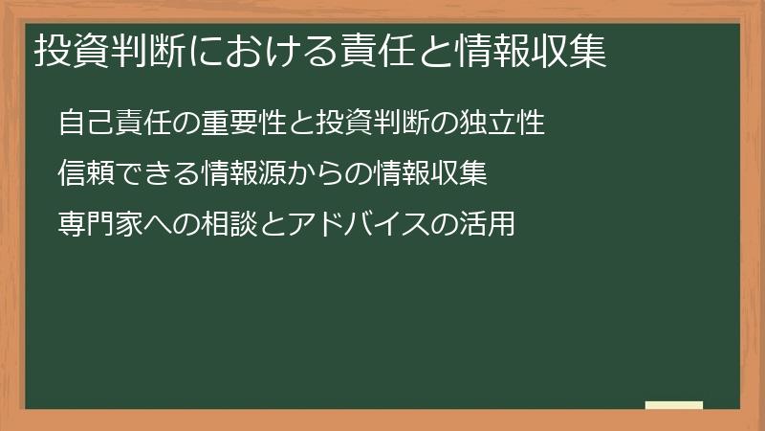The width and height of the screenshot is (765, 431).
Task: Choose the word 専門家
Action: click(x=94, y=224)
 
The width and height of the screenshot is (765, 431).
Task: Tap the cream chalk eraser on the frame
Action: click(x=674, y=405)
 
